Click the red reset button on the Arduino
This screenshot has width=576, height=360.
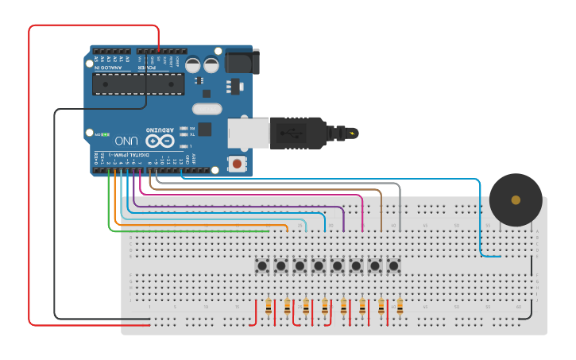[236, 165]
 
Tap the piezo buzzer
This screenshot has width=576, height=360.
[516, 199]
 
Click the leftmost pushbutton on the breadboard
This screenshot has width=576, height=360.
[261, 265]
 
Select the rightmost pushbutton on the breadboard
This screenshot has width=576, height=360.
[393, 265]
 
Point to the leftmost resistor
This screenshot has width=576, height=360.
[269, 306]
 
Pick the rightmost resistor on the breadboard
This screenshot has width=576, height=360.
[400, 306]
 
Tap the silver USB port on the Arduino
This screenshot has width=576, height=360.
[248, 133]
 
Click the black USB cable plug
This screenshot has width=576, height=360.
[299, 133]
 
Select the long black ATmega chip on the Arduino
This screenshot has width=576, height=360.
[138, 83]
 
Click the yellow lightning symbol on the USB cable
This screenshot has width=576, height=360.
[352, 133]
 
